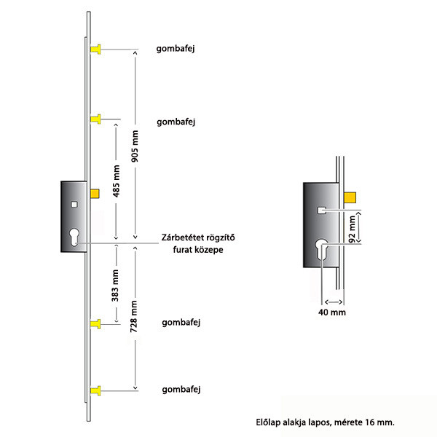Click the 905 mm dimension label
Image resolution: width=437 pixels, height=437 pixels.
(x=135, y=146)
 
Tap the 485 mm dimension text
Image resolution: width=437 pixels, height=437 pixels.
(x=116, y=181)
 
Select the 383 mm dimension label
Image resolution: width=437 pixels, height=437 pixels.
(x=115, y=286)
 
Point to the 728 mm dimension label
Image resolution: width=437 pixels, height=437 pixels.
(x=134, y=316)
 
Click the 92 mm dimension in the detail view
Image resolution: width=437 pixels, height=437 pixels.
(x=353, y=229)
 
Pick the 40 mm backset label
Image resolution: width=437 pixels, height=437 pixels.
(x=332, y=312)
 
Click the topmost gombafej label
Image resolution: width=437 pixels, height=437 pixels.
(x=176, y=49)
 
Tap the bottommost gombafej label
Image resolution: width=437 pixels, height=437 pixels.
(x=181, y=390)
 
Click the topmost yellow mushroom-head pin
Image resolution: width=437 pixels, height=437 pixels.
(x=95, y=50)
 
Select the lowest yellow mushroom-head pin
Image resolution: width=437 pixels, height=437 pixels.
(x=95, y=390)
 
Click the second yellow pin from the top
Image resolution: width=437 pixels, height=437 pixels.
(x=95, y=119)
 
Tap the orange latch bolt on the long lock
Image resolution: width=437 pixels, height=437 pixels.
(x=95, y=194)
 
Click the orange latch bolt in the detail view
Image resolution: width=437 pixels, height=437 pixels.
(x=350, y=197)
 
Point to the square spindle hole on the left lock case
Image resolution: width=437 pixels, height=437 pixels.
(x=74, y=205)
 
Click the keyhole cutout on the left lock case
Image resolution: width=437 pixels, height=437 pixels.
(x=74, y=237)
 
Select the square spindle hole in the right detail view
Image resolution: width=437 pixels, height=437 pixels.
(x=322, y=210)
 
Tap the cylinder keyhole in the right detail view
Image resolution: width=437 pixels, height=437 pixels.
(x=322, y=250)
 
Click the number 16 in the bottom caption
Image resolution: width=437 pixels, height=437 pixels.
(x=369, y=422)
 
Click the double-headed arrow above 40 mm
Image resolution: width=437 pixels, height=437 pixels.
(x=334, y=302)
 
